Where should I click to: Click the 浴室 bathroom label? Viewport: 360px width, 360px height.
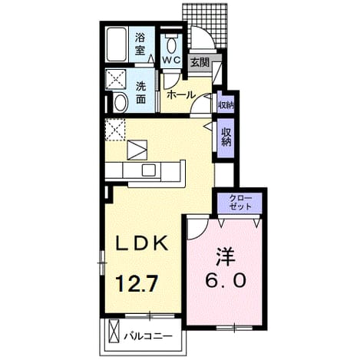140,45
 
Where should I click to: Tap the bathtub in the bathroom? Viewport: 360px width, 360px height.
117,45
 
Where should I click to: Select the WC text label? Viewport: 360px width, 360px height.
172,60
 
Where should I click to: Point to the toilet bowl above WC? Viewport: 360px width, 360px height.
171,44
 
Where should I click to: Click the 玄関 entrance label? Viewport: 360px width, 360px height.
200,62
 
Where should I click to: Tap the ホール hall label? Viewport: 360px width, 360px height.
181,95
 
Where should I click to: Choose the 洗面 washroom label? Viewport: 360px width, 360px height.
141,93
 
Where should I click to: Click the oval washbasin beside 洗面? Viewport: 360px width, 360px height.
121,103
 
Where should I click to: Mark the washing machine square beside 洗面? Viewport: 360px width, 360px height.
116,79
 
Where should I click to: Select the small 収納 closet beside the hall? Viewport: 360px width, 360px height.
226,105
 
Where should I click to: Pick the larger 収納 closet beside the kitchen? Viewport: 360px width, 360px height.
226,137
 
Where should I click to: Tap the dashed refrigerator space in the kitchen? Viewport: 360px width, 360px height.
115,129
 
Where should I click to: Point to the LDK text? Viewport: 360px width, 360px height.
142,243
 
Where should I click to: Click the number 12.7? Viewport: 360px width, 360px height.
136,283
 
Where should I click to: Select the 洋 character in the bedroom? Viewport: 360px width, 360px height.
226,256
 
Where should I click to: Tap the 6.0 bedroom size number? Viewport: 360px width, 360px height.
226,280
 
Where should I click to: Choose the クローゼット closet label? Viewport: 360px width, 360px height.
240,202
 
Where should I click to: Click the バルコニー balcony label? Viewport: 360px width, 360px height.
148,335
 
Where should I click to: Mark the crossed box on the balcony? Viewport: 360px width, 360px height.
114,331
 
